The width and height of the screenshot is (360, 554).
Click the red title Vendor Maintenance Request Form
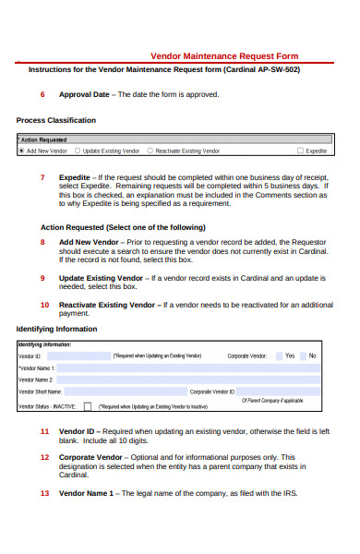pos(224,55)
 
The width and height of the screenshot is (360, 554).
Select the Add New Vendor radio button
pos(22,151)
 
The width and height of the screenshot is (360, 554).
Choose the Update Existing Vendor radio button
pos(78,151)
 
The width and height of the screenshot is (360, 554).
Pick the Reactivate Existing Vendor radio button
pos(150,151)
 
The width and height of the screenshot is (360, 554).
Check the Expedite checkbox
pos(300,151)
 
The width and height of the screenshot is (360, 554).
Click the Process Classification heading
pos(55,120)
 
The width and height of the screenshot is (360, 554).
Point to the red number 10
pos(44,304)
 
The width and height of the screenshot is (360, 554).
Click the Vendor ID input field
pos(78,355)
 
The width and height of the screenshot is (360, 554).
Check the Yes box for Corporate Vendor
pos(279,355)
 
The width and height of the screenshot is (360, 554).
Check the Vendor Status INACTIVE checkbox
pos(87,404)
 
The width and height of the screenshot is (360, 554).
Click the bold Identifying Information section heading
pos(56,329)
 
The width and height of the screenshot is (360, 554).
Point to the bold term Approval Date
pos(84,94)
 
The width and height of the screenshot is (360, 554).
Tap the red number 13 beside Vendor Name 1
pos(44,493)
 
